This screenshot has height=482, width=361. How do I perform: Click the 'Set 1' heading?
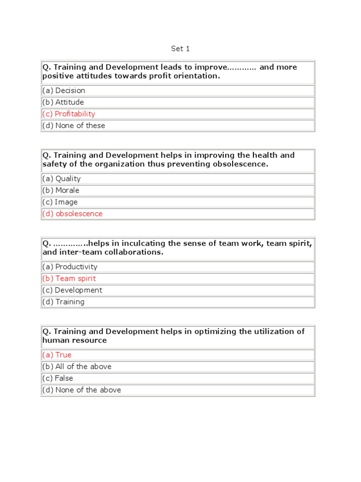(x=180, y=48)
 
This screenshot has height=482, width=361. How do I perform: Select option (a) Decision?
(x=63, y=90)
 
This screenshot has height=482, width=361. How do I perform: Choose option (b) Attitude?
(x=63, y=102)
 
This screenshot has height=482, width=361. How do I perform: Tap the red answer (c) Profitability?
(x=69, y=114)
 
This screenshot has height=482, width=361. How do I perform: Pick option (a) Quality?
(x=62, y=178)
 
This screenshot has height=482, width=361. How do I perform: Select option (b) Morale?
(x=61, y=190)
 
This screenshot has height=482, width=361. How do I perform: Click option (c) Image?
(x=60, y=202)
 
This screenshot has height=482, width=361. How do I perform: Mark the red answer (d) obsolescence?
(x=72, y=214)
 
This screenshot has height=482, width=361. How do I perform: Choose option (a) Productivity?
(x=70, y=266)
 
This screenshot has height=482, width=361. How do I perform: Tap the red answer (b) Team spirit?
(x=69, y=278)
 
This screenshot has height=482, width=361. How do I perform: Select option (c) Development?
(x=72, y=290)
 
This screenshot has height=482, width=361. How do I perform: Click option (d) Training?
(x=63, y=302)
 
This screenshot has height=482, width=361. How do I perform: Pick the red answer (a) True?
(x=57, y=355)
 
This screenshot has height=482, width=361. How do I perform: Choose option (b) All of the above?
(x=77, y=366)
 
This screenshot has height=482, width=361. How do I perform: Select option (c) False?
(x=58, y=378)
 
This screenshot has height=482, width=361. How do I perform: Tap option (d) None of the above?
(x=82, y=390)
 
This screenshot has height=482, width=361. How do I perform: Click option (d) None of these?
(x=74, y=126)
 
